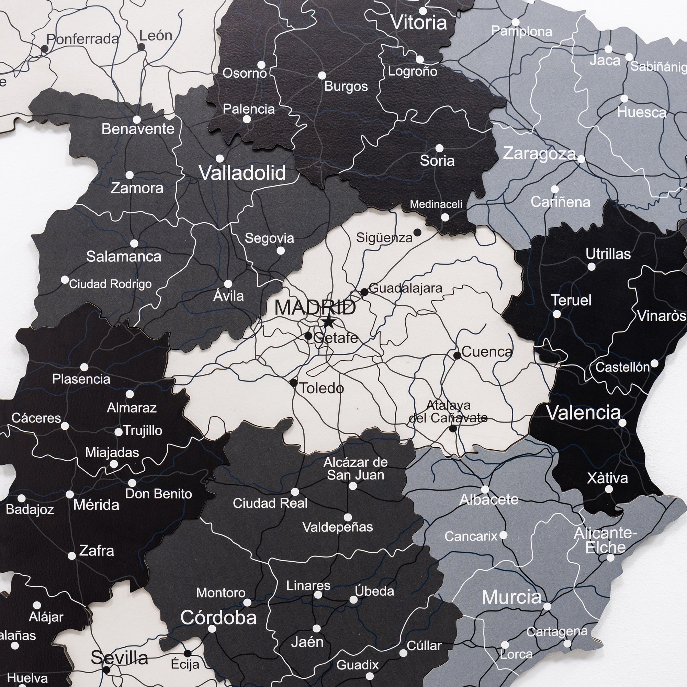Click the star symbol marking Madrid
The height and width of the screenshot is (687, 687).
point(328,322)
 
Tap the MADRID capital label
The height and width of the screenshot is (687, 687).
point(315,307)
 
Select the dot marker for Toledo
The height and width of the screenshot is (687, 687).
point(293,383)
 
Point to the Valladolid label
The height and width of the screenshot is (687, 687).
point(243,173)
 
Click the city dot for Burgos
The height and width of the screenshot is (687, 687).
point(322,75)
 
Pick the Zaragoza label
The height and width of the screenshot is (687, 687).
point(539,154)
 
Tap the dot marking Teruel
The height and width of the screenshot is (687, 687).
point(557,314)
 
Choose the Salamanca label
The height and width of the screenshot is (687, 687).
point(124,256)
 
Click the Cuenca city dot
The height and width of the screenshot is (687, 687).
point(457,355)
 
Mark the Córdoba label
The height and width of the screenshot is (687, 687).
point(218,618)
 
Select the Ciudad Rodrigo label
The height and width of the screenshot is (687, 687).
point(110,284)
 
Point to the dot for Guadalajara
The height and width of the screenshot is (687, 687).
point(364,292)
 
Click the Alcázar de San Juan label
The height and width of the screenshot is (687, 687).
point(356,469)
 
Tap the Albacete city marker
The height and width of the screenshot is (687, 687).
point(485,489)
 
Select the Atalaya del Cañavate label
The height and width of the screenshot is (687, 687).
point(448,411)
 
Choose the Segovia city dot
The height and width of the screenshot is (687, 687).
point(281,250)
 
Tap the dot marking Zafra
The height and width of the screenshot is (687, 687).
point(72,555)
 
